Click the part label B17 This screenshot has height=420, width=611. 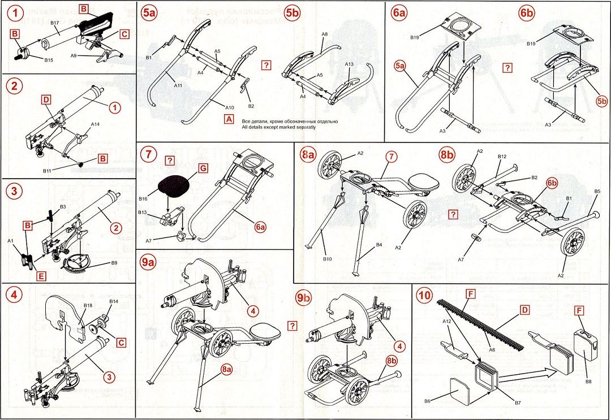click(55, 23)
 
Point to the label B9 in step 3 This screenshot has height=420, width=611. click(114, 263)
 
